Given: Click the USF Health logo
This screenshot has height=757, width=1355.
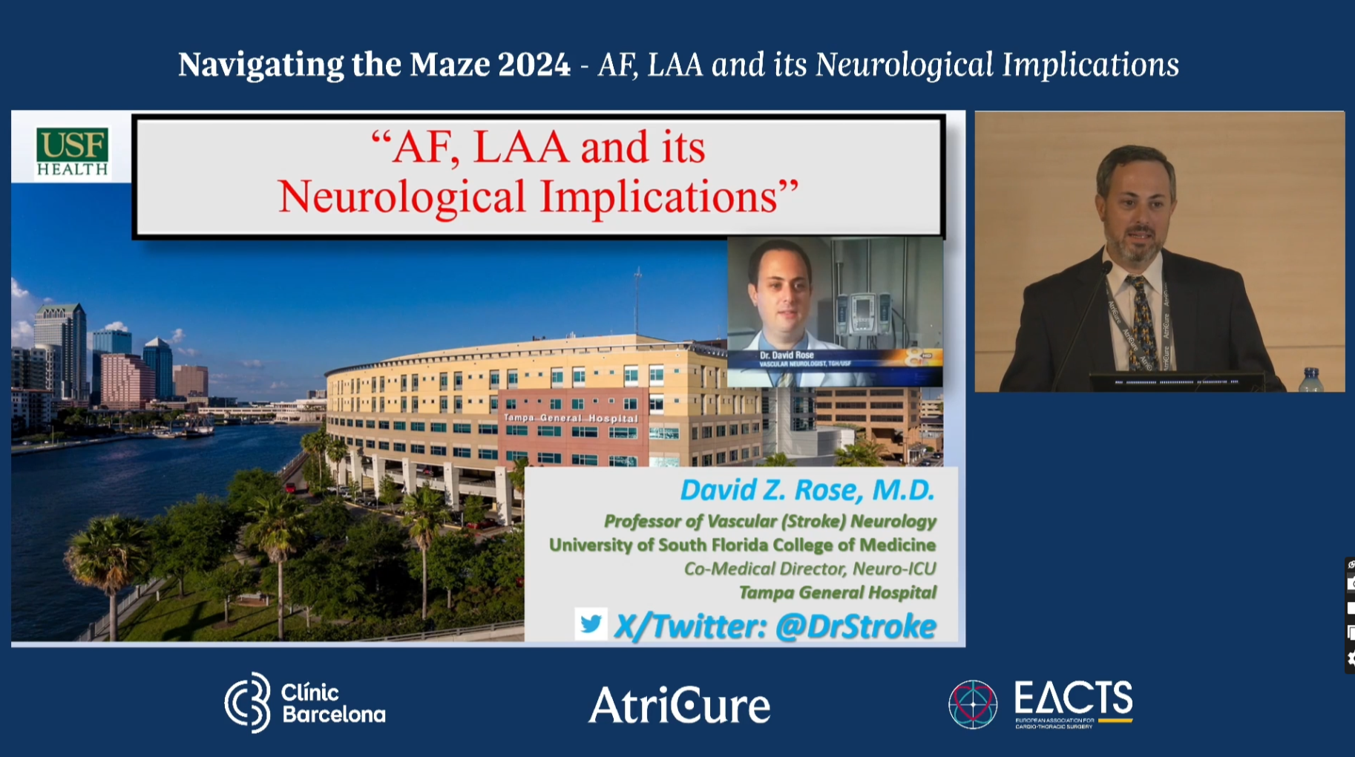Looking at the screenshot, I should point(72,151).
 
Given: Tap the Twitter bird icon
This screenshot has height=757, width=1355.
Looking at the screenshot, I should point(591,624).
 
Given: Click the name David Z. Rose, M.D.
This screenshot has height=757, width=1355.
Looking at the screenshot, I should point(807,490).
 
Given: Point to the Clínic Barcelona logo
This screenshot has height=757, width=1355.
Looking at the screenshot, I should point(304,703).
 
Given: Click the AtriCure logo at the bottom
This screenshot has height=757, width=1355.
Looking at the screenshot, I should point(679,705).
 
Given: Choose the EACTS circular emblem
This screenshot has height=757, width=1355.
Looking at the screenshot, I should point(972,704).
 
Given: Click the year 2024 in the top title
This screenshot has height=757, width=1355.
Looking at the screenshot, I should point(534,65).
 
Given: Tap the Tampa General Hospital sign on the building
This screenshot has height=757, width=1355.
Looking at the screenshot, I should point(571,418).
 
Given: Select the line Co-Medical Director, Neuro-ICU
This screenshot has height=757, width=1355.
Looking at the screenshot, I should point(810,568).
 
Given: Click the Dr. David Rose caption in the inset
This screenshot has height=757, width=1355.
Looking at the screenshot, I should point(787,355).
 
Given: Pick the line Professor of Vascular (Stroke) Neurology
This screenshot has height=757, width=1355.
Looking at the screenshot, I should point(770,521).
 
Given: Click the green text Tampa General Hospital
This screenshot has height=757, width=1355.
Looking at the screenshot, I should point(837,592).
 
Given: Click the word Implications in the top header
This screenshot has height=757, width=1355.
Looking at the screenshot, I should point(1090,65).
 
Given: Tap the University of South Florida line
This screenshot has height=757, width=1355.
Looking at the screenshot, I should point(742,545).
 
